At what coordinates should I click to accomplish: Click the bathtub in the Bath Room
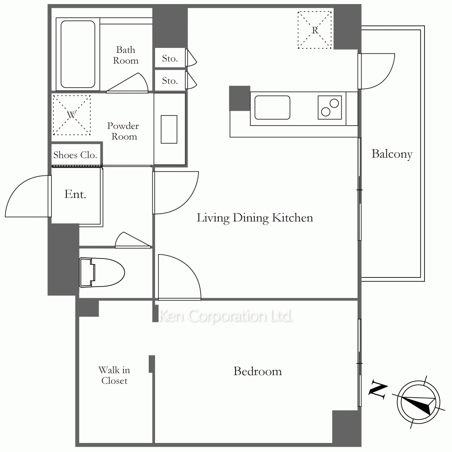(78, 54)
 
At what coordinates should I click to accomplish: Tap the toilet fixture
(102, 273)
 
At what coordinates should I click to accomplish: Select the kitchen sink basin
(272, 108)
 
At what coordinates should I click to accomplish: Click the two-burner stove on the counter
(330, 108)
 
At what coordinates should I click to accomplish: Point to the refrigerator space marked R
(315, 30)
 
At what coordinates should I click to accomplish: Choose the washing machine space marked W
(71, 115)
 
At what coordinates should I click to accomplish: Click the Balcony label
(392, 154)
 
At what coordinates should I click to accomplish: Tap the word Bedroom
(258, 371)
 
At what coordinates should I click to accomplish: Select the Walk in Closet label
(114, 375)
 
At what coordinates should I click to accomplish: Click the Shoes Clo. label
(75, 155)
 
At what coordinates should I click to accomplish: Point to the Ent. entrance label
(75, 194)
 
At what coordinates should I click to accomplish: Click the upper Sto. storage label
(170, 58)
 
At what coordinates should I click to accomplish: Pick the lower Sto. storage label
(170, 81)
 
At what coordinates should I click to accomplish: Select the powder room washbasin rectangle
(169, 129)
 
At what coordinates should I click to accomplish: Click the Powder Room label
(123, 131)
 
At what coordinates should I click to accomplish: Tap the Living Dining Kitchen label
(255, 218)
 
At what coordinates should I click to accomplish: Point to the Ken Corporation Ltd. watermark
(226, 316)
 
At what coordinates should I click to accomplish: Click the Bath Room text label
(126, 55)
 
